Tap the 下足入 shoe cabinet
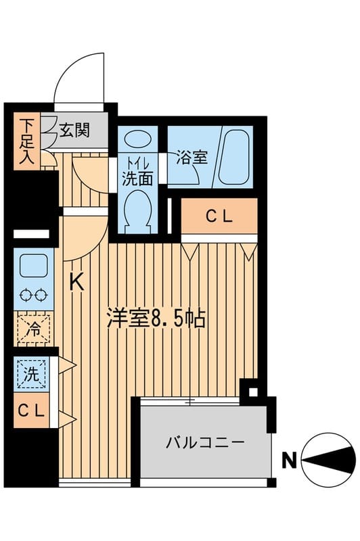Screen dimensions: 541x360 coord(27,141)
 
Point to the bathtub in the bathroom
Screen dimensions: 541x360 coord(235,157)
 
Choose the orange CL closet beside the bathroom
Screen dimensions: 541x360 coord(219,216)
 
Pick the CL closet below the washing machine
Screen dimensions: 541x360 coord(30,410)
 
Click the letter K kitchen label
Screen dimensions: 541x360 coord(78,283)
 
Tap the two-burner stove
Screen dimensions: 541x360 coord(32,295)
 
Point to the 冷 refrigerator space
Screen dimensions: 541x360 coord(32,331)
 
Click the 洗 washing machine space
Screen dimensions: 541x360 coord(31,374)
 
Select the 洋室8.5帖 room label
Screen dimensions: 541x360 coord(156,317)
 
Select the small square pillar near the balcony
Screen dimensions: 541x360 coord(253,392)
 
